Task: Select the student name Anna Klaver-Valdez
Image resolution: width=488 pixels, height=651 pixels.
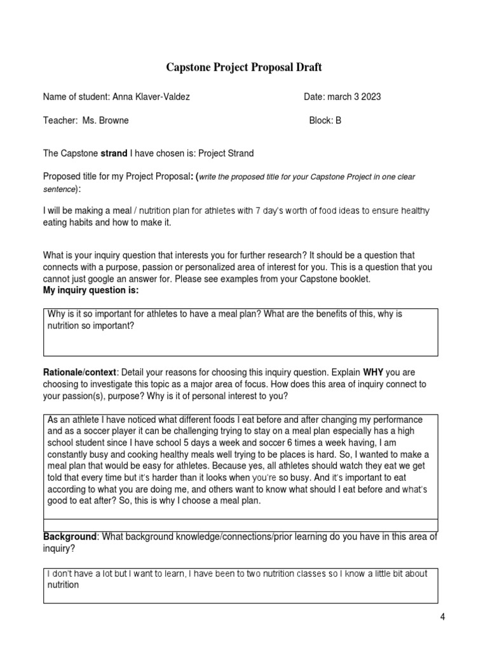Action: tap(151, 97)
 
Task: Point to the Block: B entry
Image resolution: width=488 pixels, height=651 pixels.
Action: tap(325, 120)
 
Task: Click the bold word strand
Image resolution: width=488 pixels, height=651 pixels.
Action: tap(114, 153)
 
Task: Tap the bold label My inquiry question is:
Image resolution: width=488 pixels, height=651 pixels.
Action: tap(90, 291)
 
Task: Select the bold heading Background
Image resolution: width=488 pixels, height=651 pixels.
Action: tap(69, 537)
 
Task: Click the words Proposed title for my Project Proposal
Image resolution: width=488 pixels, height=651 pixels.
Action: tap(117, 177)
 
